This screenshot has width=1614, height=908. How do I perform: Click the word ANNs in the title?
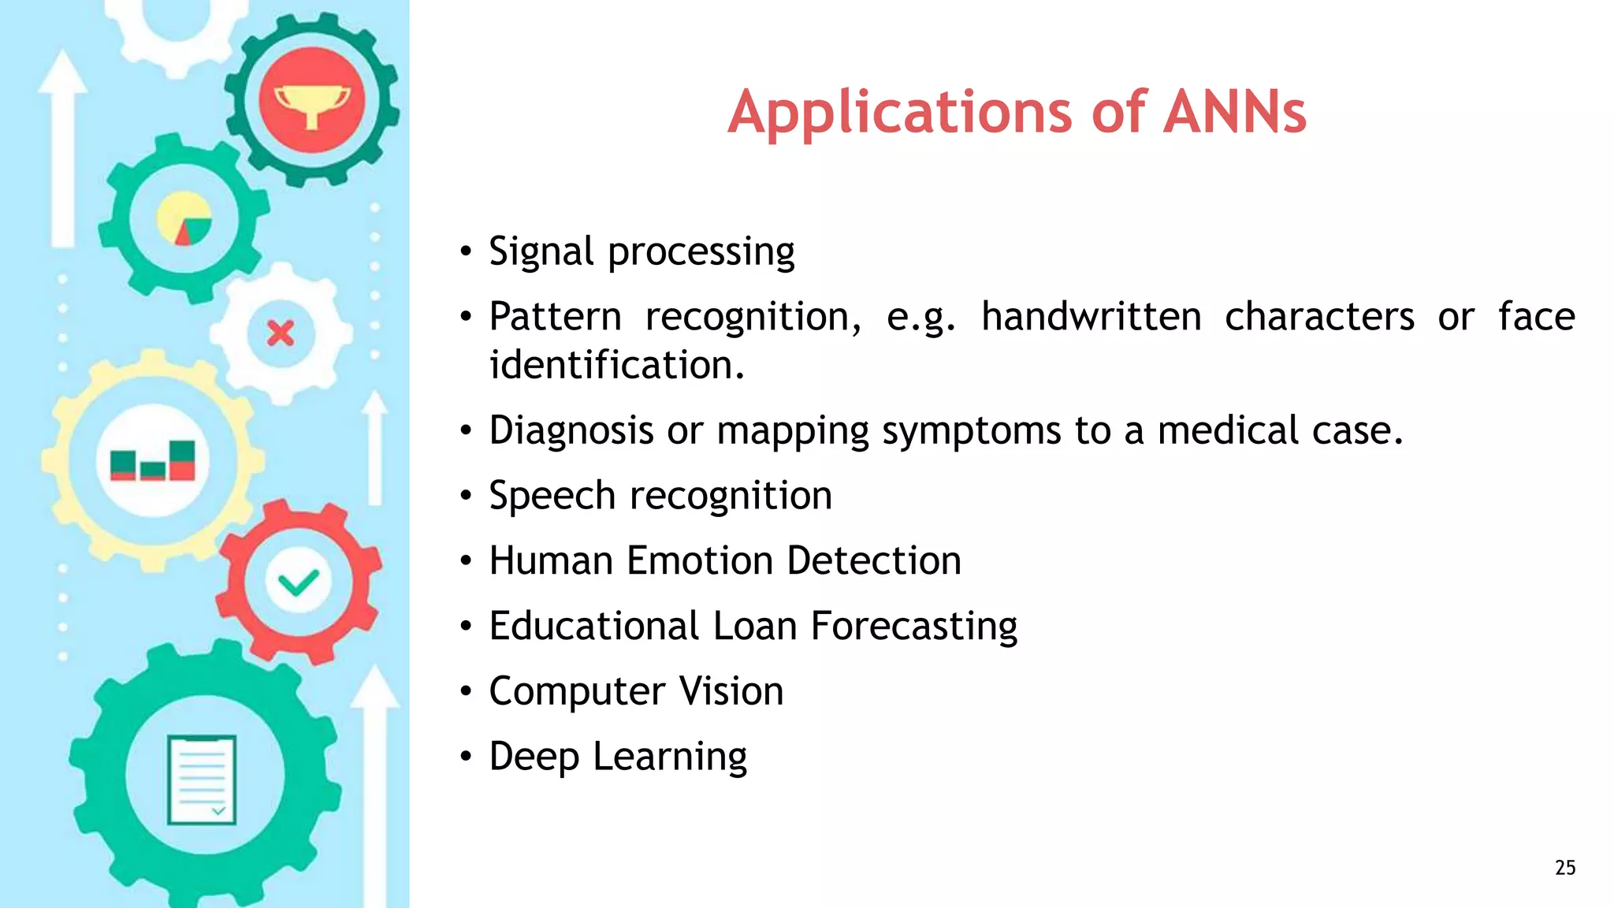point(1234,112)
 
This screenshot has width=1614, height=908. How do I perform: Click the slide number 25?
point(1565,868)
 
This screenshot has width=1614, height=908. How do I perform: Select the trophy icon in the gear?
point(312,101)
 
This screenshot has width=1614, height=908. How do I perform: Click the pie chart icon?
point(184,218)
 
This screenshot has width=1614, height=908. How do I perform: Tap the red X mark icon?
point(281,333)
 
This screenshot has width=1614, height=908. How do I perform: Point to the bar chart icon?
point(153,461)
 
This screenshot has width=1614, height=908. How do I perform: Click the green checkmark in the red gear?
point(299,582)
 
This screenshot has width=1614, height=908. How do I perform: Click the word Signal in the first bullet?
point(541,252)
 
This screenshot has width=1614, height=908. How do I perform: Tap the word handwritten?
point(1091,317)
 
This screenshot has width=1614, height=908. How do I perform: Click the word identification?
point(616,366)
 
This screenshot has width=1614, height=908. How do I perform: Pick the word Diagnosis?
point(571,431)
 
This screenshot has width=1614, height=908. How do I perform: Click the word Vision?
point(731,691)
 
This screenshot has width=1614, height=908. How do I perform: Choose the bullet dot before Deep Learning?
point(467,757)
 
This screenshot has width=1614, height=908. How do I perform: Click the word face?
point(1536,317)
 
